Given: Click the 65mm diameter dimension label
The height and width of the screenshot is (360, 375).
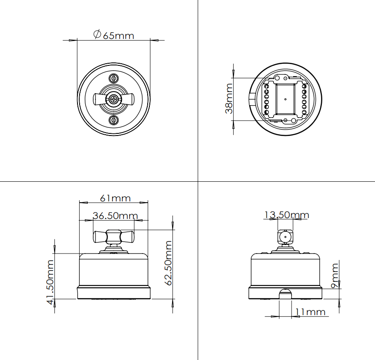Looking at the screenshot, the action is click(x=113, y=35).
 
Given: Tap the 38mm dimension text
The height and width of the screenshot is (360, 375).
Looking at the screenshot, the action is click(x=229, y=98).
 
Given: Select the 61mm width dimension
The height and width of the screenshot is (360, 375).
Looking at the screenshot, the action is click(x=115, y=198).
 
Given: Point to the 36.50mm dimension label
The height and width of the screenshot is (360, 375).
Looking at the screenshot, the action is click(x=115, y=216).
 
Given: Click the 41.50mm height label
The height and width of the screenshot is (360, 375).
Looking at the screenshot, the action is click(x=50, y=282).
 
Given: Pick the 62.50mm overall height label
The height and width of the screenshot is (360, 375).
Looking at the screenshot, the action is click(x=168, y=263).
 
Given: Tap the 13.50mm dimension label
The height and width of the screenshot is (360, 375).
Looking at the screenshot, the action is click(x=286, y=215).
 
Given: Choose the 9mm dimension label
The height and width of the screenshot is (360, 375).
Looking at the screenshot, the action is click(x=335, y=275).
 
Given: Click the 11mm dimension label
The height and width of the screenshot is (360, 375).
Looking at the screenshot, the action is click(x=310, y=312).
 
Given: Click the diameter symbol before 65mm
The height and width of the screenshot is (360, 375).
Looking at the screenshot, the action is click(x=97, y=34).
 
